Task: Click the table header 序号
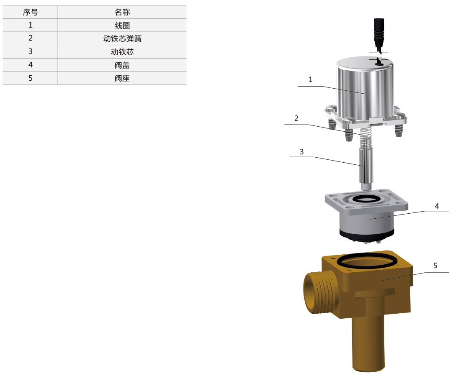point(31,12)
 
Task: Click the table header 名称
point(122,12)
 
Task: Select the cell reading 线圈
point(122,26)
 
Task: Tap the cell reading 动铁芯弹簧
point(122,38)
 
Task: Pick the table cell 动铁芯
point(122,52)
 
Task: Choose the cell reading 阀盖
point(122,65)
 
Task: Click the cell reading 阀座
point(122,78)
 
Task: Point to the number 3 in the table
point(31,51)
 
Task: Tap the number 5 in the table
point(31,78)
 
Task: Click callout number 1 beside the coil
point(311,79)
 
